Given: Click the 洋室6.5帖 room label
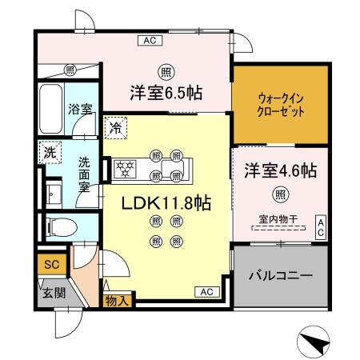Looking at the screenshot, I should coord(166,93).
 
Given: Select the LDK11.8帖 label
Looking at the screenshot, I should coord(166,204).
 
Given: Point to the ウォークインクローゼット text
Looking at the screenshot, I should coord(280,106).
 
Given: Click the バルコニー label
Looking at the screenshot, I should coord(280,274).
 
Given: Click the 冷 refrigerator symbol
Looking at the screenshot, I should coord(115,126).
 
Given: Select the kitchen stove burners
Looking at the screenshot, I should coord(125,168).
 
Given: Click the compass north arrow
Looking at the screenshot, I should coord(315,343).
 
